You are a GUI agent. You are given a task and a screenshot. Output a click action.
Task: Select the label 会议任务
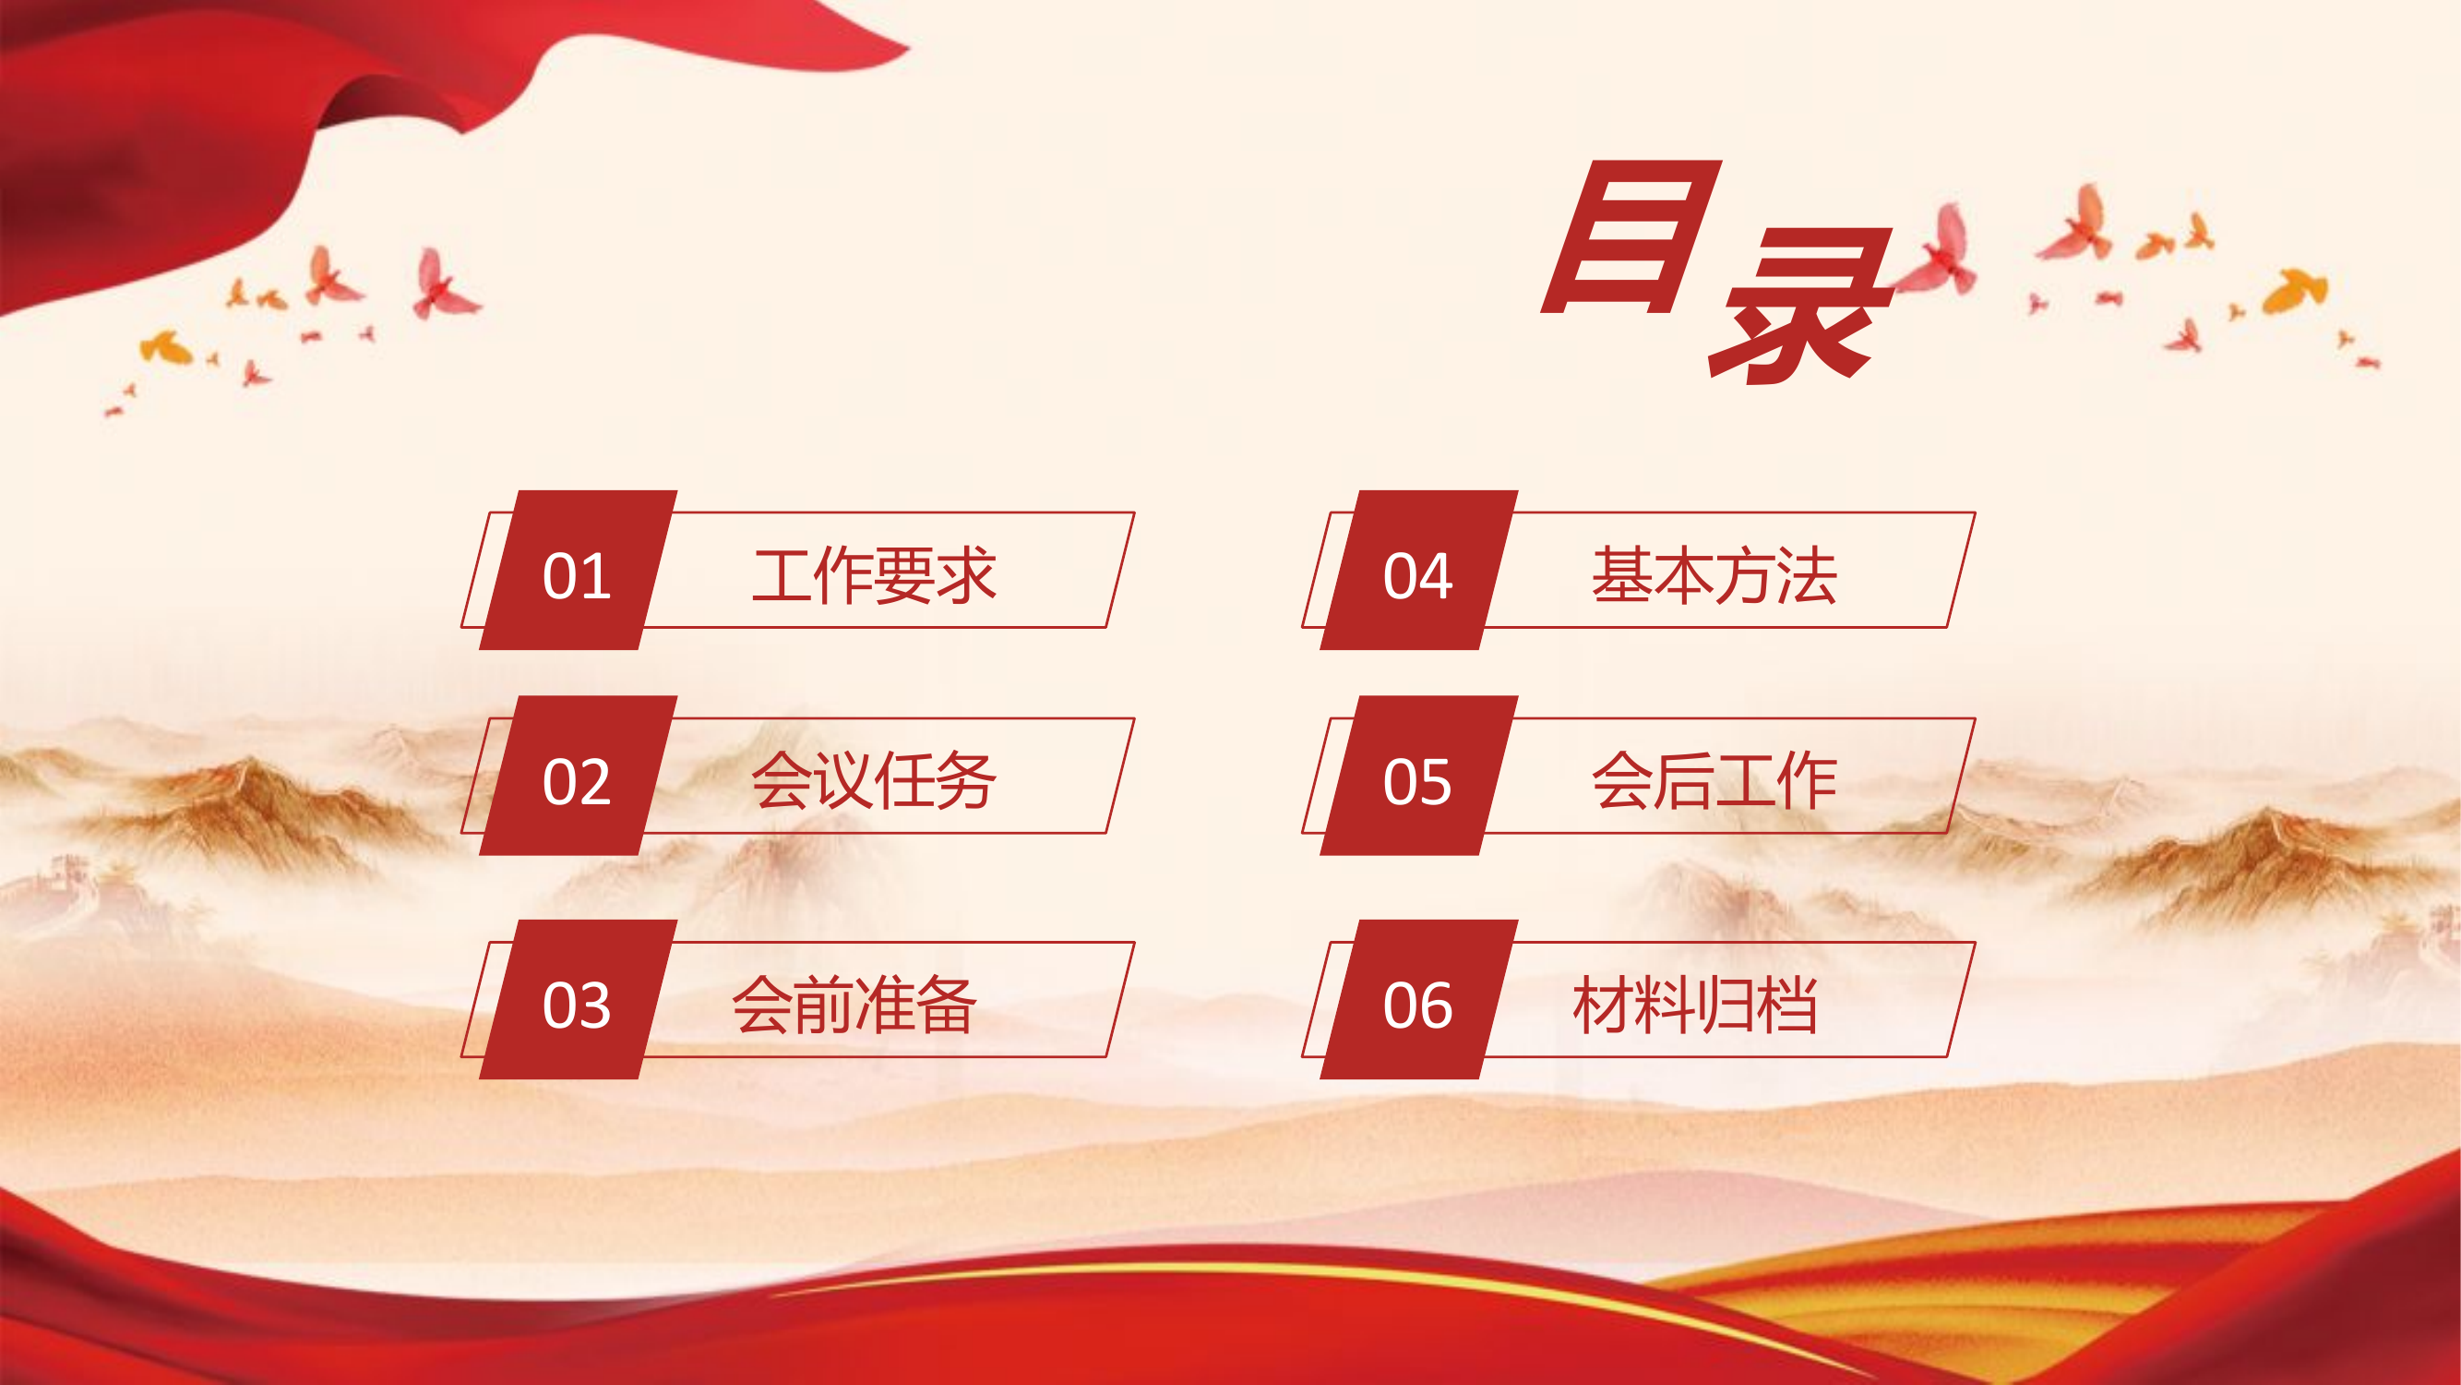click(x=874, y=780)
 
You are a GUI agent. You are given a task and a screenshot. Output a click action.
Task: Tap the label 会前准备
click(x=854, y=1004)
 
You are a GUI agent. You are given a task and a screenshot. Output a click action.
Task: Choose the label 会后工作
click(x=1714, y=780)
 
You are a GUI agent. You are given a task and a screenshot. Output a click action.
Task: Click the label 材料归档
click(x=1695, y=1004)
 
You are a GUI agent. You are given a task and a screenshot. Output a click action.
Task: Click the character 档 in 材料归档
click(x=1786, y=1004)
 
